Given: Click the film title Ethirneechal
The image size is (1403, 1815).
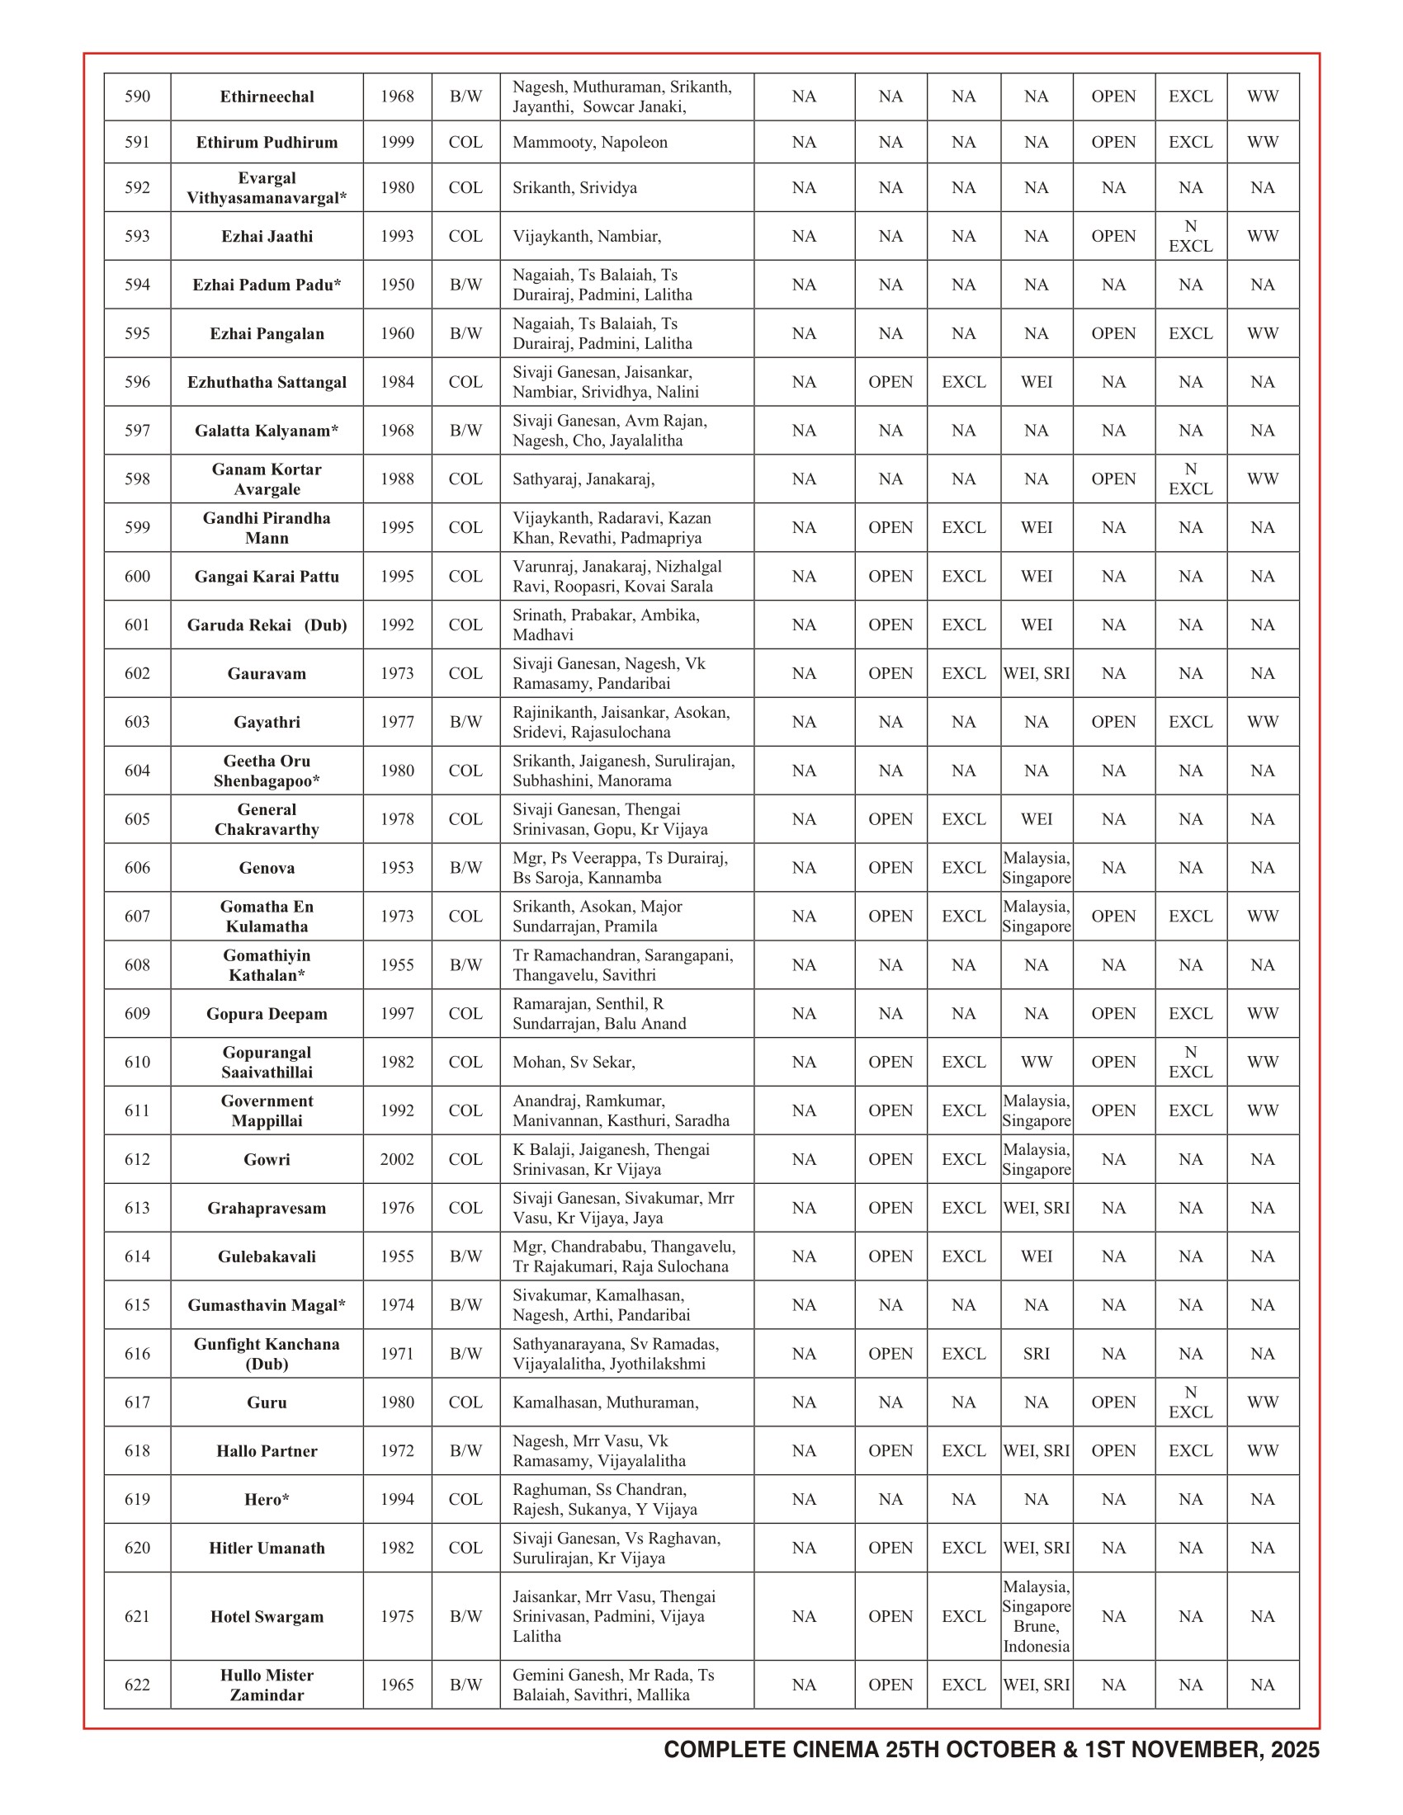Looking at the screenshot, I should tap(267, 97).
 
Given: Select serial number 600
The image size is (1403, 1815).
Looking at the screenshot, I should tap(137, 577).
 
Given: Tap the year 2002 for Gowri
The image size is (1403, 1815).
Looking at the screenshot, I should tap(397, 1159).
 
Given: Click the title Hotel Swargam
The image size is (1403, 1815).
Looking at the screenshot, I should tap(267, 1616).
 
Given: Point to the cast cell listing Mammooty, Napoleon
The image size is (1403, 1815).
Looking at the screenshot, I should tap(589, 142).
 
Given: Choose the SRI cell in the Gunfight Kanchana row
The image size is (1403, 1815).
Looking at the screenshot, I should tap(1037, 1354).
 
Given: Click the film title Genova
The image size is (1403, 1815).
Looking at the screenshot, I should tap(267, 869).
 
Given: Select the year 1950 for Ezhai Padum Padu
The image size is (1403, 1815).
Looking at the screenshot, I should tap(397, 285).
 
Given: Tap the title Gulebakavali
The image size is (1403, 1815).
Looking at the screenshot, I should tap(267, 1256).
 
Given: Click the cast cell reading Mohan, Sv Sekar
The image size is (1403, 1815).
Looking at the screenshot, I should tap(574, 1062).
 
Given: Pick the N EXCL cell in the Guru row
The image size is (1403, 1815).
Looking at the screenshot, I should tap(1190, 1402).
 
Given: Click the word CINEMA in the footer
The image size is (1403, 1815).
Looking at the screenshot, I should tap(834, 1750).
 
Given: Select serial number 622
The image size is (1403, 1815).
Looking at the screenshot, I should tap(137, 1685).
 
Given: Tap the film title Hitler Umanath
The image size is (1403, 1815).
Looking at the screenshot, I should tap(267, 1549).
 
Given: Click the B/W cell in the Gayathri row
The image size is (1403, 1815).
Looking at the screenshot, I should tap(465, 722).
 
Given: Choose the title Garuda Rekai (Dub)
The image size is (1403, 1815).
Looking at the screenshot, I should tap(267, 625).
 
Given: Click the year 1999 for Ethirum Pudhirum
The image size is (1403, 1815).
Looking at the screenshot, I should tap(397, 142).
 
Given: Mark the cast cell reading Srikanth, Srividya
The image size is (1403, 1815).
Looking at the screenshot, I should tap(574, 188).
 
